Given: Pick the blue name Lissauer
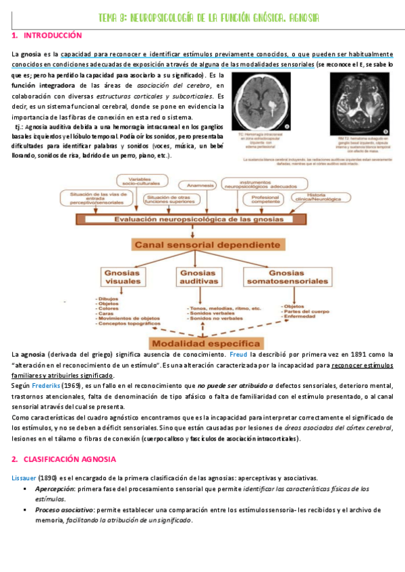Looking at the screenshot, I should tap(27, 478).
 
